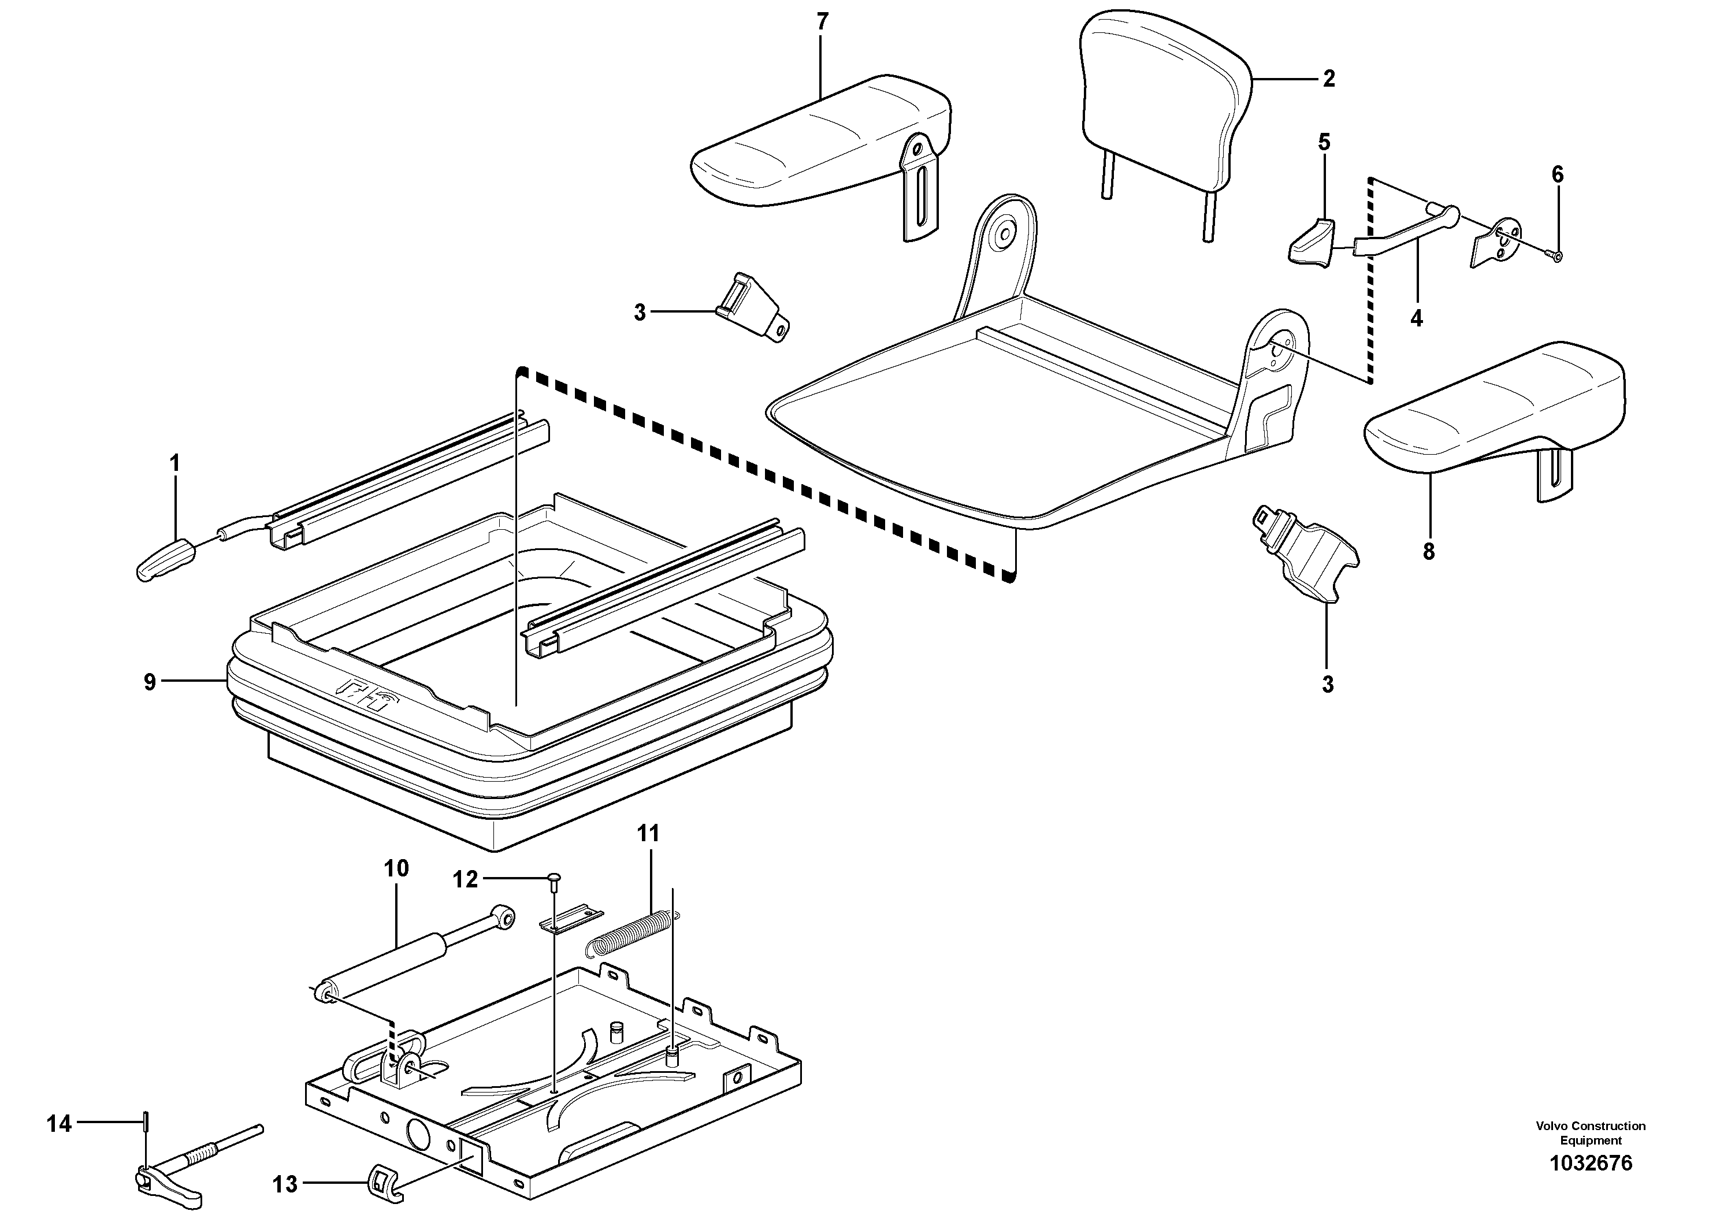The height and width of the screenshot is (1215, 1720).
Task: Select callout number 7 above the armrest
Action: pyautogui.click(x=823, y=23)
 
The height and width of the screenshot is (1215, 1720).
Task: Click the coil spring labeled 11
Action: pyautogui.click(x=631, y=933)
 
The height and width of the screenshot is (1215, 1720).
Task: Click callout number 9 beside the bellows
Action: pyautogui.click(x=150, y=682)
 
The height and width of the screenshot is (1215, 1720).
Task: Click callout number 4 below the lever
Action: pyautogui.click(x=1416, y=318)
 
